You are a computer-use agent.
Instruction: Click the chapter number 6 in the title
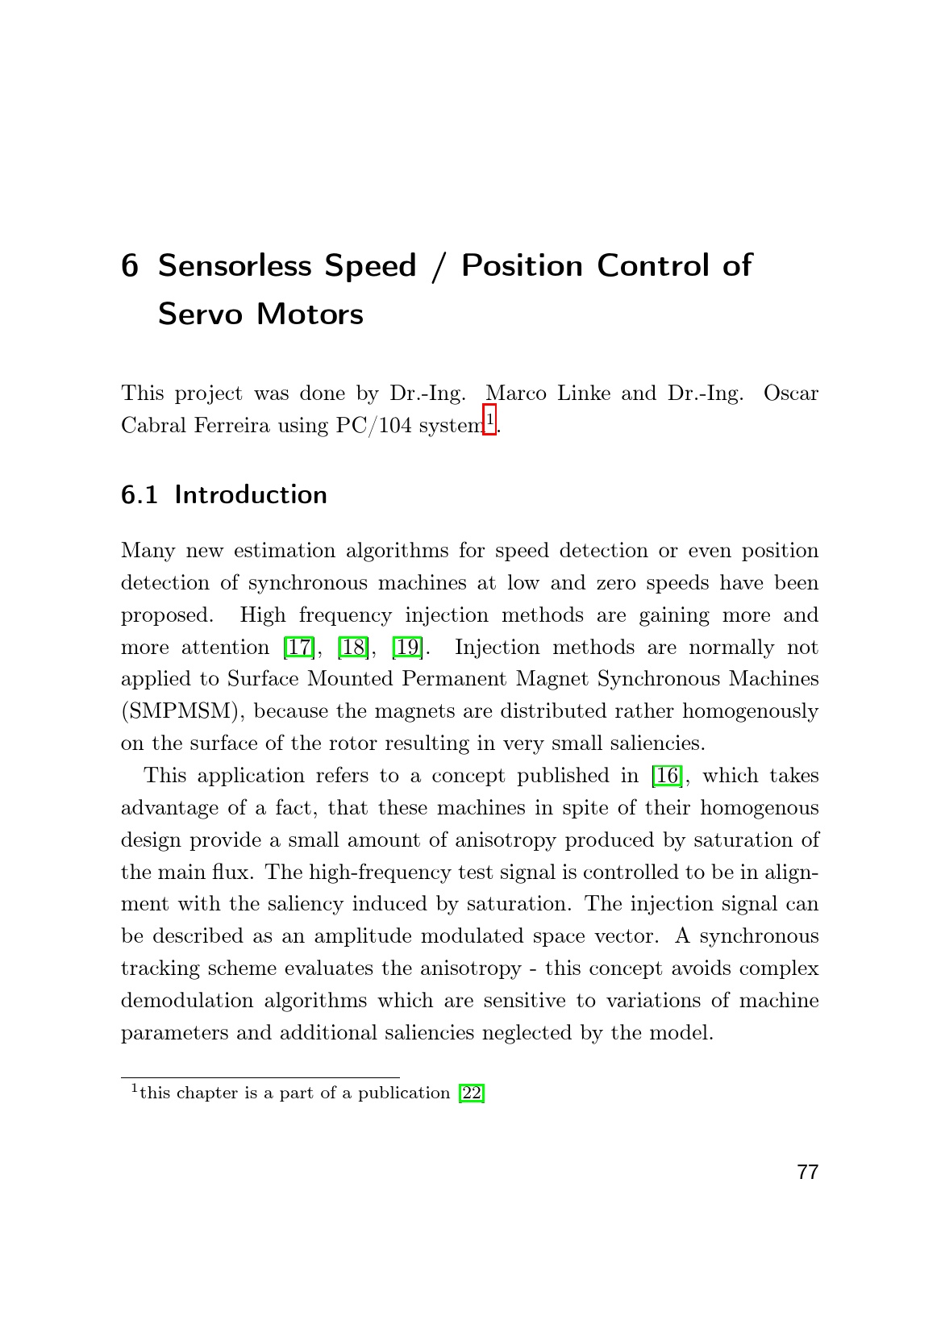(x=130, y=266)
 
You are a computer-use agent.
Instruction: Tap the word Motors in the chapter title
(x=310, y=314)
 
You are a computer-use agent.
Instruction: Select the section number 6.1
(x=139, y=494)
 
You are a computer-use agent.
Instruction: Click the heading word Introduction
(x=251, y=494)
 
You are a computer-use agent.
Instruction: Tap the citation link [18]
(x=352, y=648)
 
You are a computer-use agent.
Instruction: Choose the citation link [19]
(x=406, y=648)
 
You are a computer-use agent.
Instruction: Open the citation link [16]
(x=667, y=776)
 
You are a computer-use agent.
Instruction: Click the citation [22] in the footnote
(x=472, y=1093)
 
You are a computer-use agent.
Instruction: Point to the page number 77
(x=807, y=1173)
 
